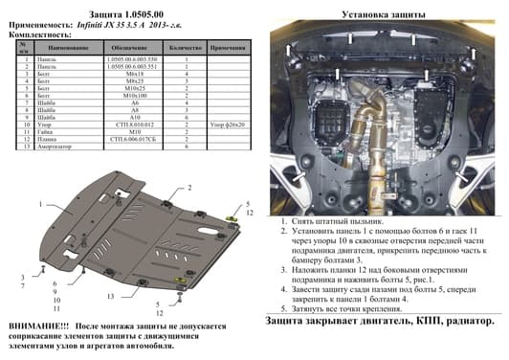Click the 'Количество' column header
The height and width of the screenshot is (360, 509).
pyautogui.click(x=188, y=46)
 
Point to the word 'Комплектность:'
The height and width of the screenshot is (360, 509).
pyautogui.click(x=38, y=34)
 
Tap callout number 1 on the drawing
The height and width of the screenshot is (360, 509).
pyautogui.click(x=41, y=205)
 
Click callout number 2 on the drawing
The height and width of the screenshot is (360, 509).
pyautogui.click(x=189, y=188)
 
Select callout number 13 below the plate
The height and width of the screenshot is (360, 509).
pyautogui.click(x=111, y=298)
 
